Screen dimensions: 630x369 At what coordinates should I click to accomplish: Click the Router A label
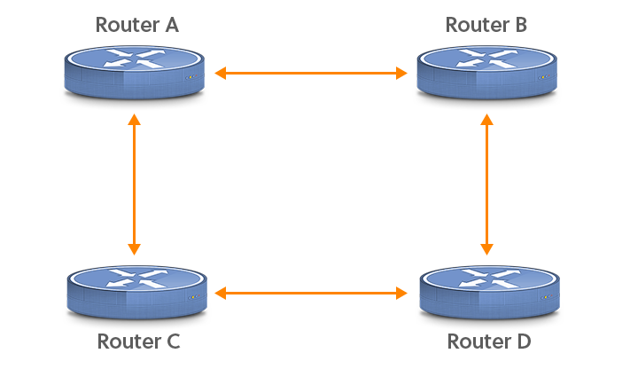click(x=137, y=25)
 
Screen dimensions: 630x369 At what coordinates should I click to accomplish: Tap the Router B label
click(x=486, y=25)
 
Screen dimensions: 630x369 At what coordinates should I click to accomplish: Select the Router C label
click(x=138, y=342)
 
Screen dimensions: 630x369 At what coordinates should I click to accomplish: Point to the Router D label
click(x=489, y=342)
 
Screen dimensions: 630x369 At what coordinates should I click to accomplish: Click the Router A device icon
click(x=135, y=73)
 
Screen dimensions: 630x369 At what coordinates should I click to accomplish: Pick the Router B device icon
click(x=487, y=73)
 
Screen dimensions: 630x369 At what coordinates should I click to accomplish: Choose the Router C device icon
click(x=137, y=293)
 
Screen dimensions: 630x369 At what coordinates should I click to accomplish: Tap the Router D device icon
click(x=489, y=293)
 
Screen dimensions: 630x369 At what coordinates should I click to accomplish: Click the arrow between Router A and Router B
click(x=311, y=74)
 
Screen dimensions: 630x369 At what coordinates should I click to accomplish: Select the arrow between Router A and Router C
click(x=134, y=184)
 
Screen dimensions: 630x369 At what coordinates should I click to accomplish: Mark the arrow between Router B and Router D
click(x=487, y=184)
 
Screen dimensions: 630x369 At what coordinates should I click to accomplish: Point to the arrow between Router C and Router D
click(x=311, y=294)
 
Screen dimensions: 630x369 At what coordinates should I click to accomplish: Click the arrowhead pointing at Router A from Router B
click(x=220, y=74)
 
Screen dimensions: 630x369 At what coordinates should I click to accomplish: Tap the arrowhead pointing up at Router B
click(x=487, y=119)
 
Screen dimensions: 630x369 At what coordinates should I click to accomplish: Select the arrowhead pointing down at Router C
click(x=134, y=250)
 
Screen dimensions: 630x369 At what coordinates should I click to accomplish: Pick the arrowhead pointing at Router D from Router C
click(x=401, y=294)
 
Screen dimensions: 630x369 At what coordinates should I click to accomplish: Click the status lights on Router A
click(x=191, y=77)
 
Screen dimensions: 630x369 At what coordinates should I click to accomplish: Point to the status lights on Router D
click(x=547, y=297)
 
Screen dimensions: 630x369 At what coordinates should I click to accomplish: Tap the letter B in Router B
click(x=521, y=25)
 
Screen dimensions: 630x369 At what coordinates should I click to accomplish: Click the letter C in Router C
click(x=173, y=342)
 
